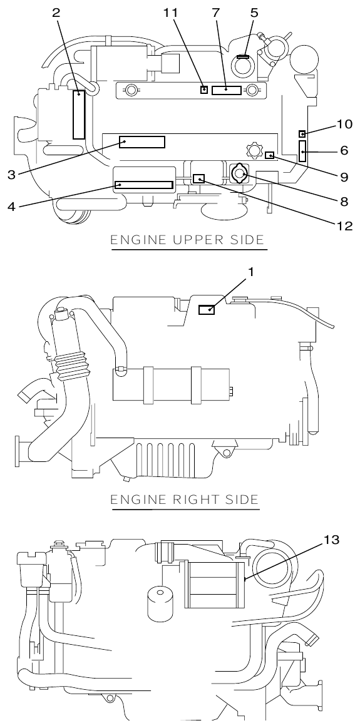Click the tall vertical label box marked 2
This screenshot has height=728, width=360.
tap(78, 115)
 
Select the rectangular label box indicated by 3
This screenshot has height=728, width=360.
tap(143, 142)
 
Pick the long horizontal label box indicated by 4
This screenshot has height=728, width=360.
tap(143, 185)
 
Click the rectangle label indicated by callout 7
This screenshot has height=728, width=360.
tap(225, 90)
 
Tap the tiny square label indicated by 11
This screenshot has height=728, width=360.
tap(203, 90)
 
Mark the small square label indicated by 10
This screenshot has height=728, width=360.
tap(302, 133)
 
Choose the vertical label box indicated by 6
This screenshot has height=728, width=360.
tap(303, 151)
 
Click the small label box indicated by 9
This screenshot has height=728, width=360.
tap(270, 155)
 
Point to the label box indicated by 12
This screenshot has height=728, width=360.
tap(198, 179)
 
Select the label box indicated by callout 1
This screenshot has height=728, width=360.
tap(207, 309)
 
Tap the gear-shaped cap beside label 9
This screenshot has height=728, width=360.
tap(254, 150)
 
